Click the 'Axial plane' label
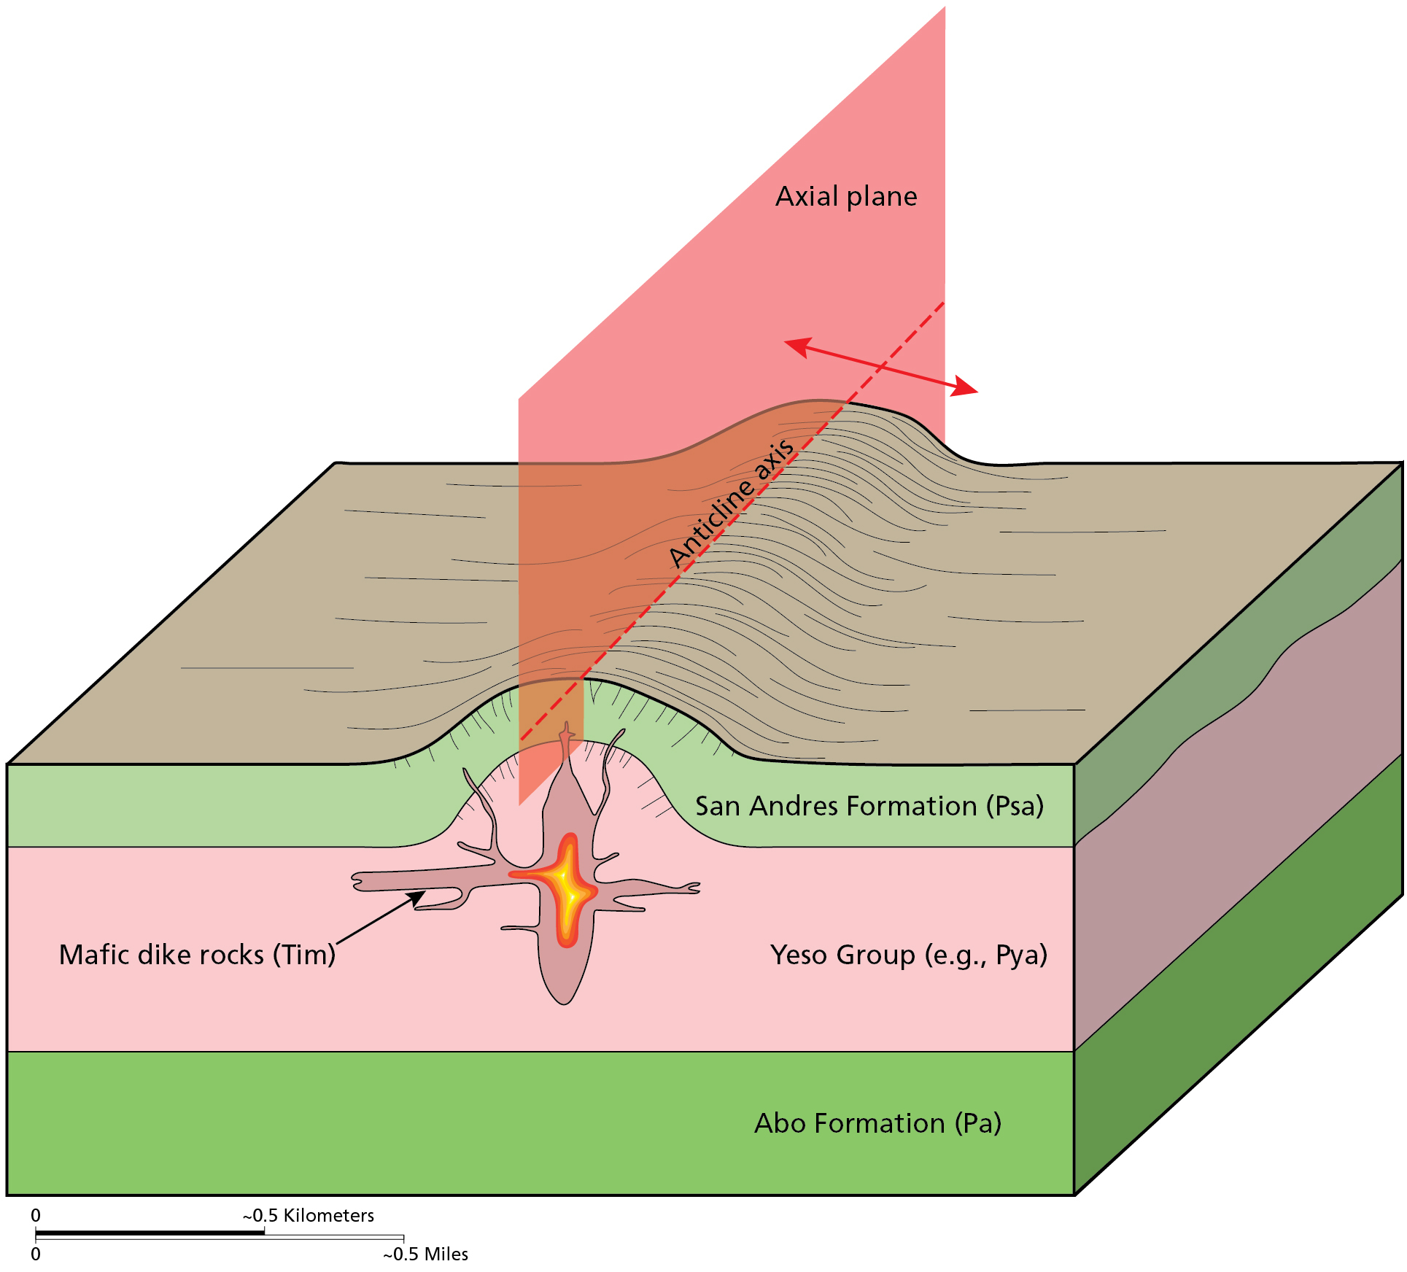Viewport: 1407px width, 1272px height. pyautogui.click(x=846, y=197)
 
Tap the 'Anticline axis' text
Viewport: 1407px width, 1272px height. pyautogui.click(x=732, y=503)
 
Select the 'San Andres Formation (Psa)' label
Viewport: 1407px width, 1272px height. pyautogui.click(x=869, y=807)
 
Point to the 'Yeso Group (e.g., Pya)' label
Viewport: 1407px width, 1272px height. pyautogui.click(x=908, y=955)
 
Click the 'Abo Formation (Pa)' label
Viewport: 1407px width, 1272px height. pyautogui.click(x=877, y=1124)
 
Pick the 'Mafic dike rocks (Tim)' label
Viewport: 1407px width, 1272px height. pyautogui.click(x=197, y=955)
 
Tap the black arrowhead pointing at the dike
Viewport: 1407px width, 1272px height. pyautogui.click(x=417, y=897)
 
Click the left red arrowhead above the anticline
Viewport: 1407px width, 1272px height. pyautogui.click(x=797, y=346)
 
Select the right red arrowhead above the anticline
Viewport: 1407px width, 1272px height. pyautogui.click(x=966, y=387)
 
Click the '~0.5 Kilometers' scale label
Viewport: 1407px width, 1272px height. pyautogui.click(x=309, y=1216)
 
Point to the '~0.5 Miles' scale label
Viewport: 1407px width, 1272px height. pyautogui.click(x=426, y=1254)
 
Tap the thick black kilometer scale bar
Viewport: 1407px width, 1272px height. pyautogui.click(x=150, y=1233)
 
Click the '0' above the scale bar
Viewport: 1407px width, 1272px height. pyautogui.click(x=36, y=1216)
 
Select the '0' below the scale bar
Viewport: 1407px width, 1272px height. pyautogui.click(x=36, y=1254)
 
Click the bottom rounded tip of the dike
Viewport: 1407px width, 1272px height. pyautogui.click(x=564, y=1001)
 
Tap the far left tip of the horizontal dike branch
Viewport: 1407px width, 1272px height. pyautogui.click(x=356, y=881)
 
